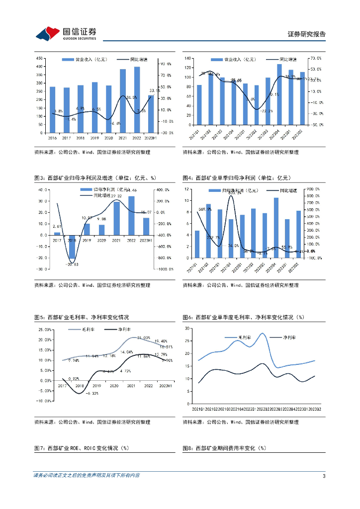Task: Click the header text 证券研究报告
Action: click(307, 34)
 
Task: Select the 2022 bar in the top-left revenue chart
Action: click(137, 99)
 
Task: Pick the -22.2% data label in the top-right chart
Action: click(267, 111)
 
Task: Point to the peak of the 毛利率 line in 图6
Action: click(262, 334)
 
